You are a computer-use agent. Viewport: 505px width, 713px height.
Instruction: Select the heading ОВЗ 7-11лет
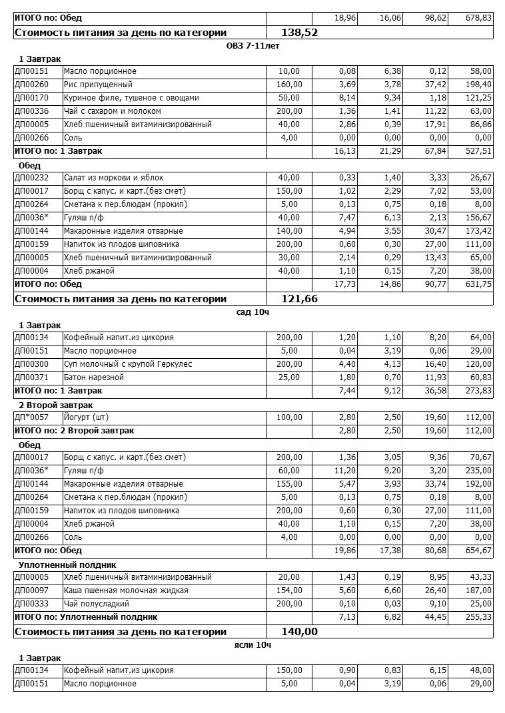(253, 46)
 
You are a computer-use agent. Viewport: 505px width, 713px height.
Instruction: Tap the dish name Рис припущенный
(98, 85)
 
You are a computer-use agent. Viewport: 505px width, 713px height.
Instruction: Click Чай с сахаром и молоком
(113, 111)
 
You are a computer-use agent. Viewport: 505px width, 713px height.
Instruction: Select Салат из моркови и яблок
(114, 178)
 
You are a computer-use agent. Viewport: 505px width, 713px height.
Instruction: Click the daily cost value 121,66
(299, 299)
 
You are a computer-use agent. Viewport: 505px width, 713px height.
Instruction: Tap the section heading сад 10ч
(252, 312)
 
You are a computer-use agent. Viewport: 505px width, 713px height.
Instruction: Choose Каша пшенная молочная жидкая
(126, 591)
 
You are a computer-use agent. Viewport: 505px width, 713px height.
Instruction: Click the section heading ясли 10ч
(252, 645)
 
